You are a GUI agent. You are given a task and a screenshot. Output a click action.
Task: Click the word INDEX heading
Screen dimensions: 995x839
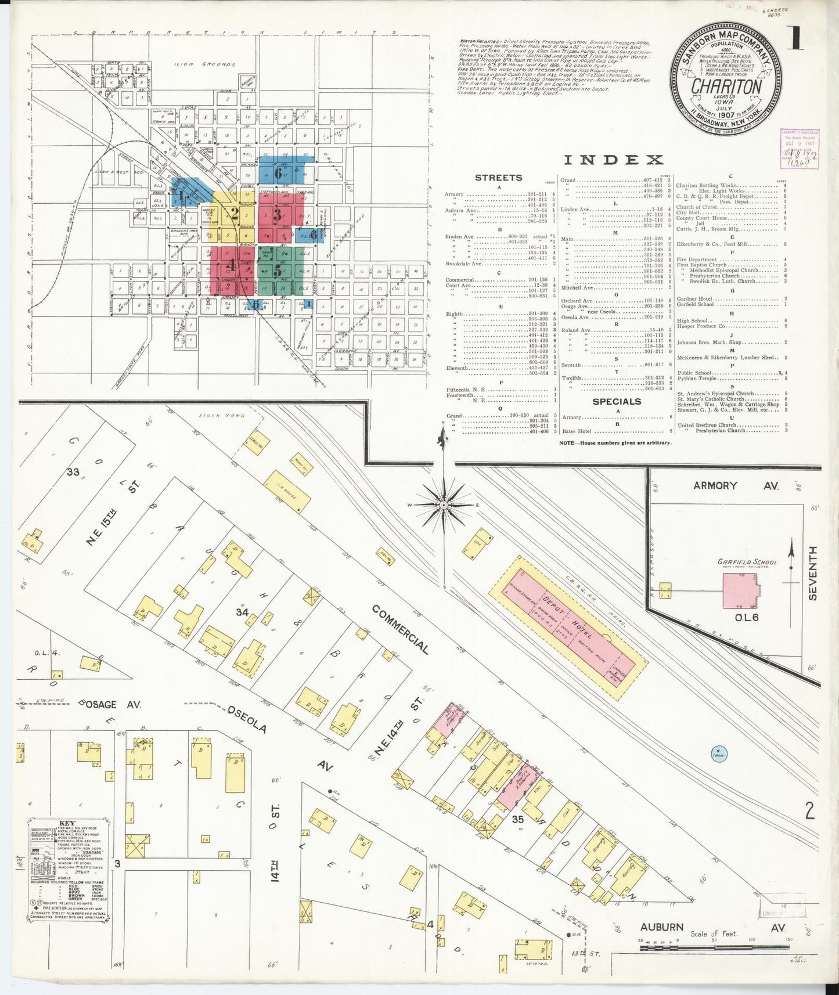coord(613,160)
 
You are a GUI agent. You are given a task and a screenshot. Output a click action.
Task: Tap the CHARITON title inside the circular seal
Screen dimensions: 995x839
coord(726,86)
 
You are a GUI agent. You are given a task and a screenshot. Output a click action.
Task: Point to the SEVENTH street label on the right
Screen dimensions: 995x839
coord(813,573)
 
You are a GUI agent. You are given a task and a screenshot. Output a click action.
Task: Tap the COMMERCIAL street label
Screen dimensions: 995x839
coord(400,630)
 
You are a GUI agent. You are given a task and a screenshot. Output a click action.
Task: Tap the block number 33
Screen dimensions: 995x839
coord(73,472)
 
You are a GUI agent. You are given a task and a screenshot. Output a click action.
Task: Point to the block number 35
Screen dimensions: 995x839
coord(518,819)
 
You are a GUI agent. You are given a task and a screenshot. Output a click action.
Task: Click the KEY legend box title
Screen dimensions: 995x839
coord(67,823)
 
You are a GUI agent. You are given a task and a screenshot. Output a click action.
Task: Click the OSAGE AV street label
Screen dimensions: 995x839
coord(112,705)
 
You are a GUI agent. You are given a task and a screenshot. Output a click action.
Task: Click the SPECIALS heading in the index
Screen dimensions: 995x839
coord(616,401)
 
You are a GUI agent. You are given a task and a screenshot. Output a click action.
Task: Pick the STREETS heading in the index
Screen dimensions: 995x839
coord(498,178)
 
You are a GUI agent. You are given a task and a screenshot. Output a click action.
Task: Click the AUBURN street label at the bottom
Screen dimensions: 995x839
coord(662,927)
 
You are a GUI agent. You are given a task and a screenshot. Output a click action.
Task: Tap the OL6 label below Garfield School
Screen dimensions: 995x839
coord(747,618)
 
